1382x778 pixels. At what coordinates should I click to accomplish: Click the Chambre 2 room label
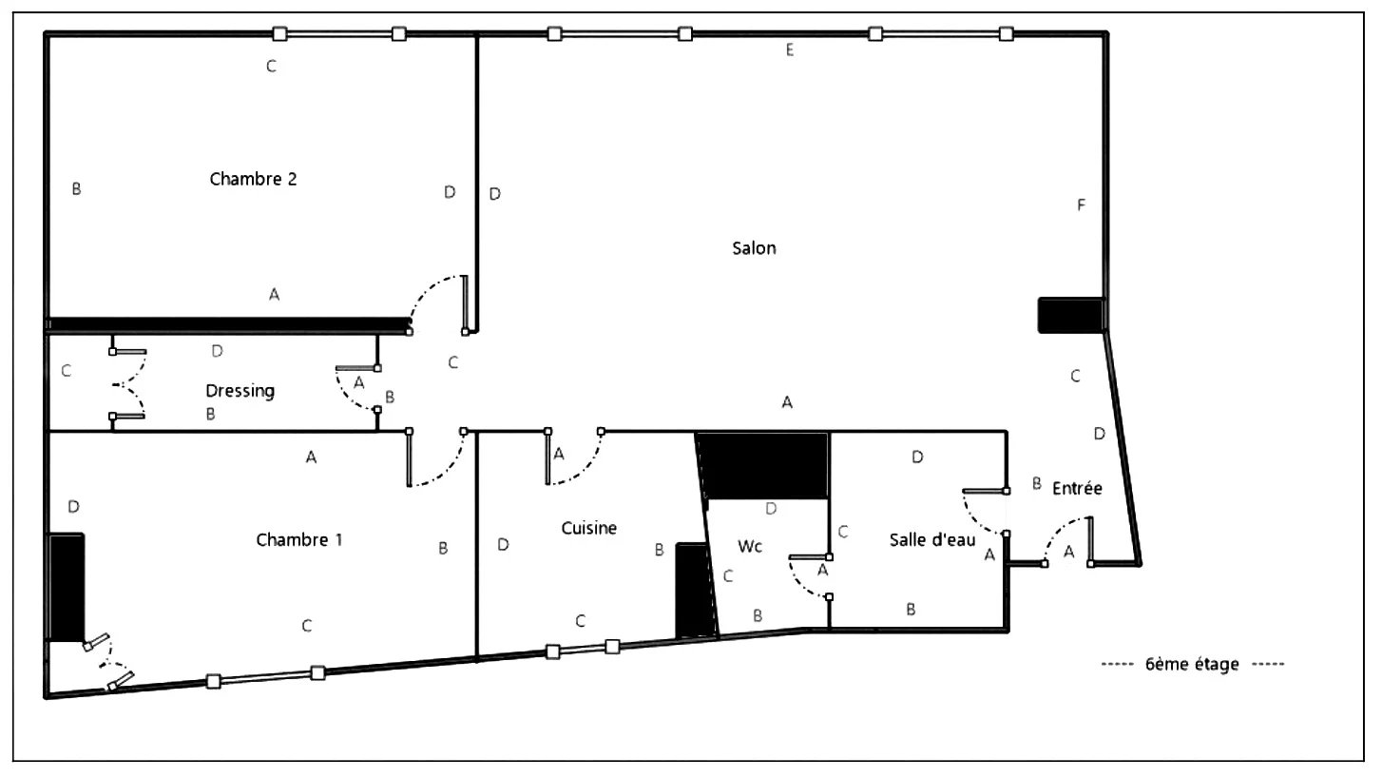coord(253,179)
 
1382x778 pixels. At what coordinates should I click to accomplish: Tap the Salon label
coord(754,248)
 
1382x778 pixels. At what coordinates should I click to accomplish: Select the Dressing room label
coord(240,391)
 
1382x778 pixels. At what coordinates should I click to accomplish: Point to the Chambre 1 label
coord(299,539)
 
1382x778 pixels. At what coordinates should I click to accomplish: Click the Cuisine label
coord(589,528)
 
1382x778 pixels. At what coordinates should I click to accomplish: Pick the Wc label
coord(750,547)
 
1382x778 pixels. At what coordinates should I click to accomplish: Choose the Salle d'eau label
coord(932,539)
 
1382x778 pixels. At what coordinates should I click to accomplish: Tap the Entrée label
coord(1077,488)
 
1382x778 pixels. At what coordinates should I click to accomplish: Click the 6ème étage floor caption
coord(1192,664)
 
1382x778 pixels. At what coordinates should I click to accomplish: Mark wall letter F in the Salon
coord(1081,205)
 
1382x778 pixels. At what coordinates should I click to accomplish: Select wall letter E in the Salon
coord(790,50)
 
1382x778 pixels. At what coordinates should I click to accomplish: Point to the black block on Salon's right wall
coord(1071,316)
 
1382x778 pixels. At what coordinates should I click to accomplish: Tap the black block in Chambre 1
coord(67,588)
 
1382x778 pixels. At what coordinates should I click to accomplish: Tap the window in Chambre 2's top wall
coord(339,33)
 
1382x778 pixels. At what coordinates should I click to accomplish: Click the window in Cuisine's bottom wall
coord(583,649)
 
